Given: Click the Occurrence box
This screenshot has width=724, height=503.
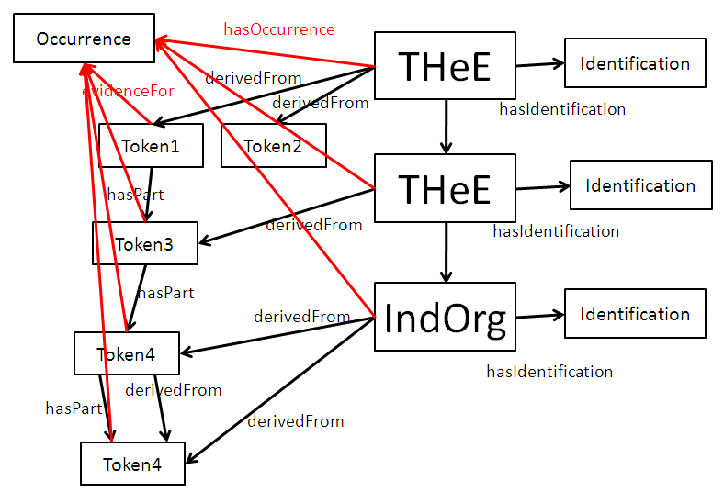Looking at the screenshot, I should click(84, 39).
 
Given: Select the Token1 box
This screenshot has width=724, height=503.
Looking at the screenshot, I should click(151, 145).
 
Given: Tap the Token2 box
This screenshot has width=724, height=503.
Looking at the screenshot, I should click(274, 145).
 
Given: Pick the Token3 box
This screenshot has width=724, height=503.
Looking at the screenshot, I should click(145, 243).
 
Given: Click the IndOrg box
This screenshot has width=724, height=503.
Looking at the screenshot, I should click(445, 318).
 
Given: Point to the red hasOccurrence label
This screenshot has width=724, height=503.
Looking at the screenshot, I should click(279, 29).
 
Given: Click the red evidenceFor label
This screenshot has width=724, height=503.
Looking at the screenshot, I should click(129, 91).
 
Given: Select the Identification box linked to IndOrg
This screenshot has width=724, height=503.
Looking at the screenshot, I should click(635, 314).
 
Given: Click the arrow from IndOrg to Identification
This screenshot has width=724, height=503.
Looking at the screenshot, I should click(539, 317).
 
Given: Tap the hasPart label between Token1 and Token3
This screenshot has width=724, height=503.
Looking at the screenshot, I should click(136, 195).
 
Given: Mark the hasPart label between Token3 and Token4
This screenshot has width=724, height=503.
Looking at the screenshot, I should click(165, 293).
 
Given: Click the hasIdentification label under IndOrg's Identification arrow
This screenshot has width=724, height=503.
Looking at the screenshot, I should click(549, 372).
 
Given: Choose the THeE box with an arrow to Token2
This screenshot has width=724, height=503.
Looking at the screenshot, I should click(445, 65).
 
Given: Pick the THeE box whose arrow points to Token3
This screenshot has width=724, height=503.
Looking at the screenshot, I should click(445, 188).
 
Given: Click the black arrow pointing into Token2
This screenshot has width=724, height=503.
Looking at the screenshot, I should click(322, 92).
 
